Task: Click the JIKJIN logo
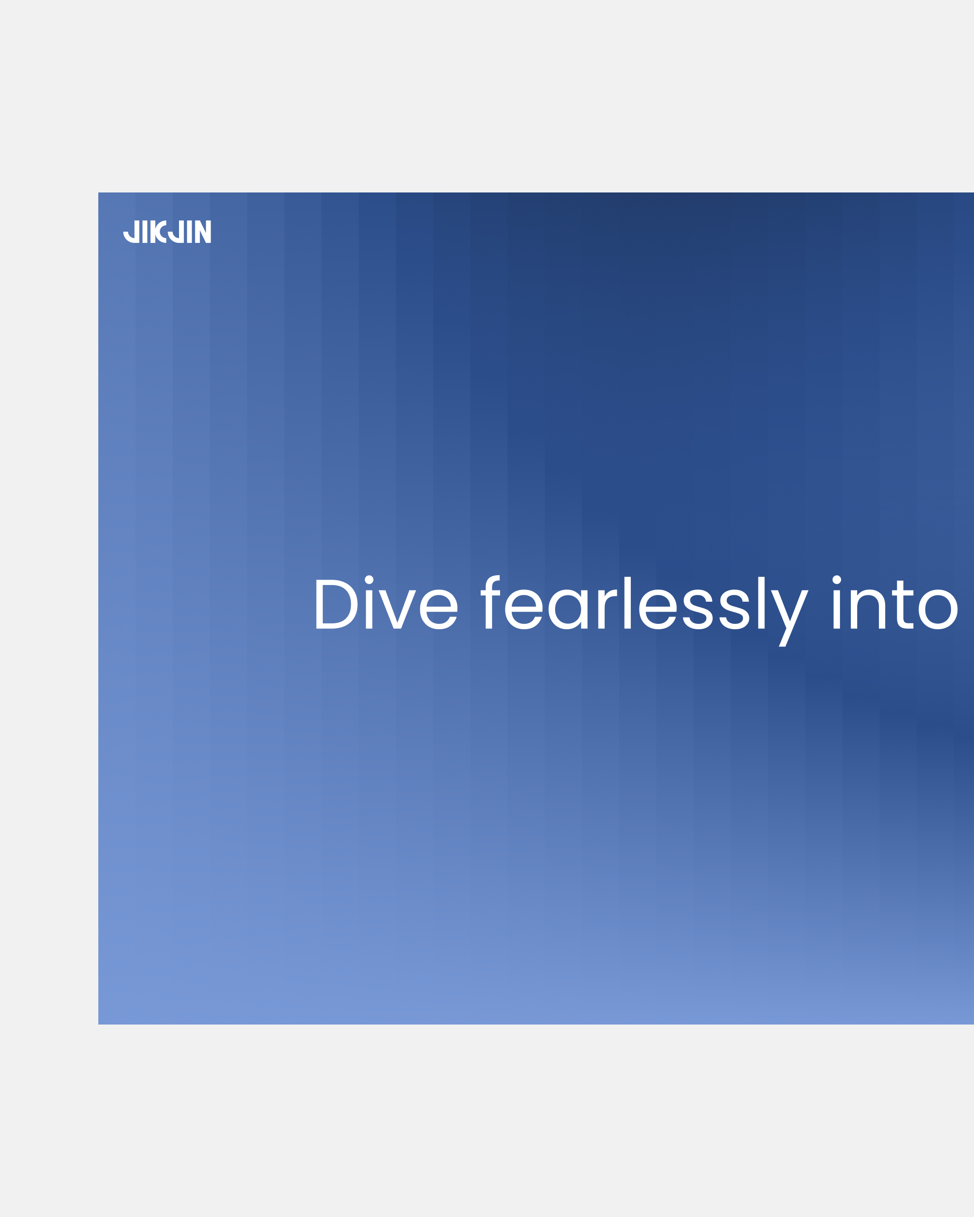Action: click(167, 231)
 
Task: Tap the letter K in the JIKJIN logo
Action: click(158, 231)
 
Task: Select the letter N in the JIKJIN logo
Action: click(203, 231)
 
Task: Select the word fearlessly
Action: click(644, 611)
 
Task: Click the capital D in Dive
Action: click(336, 604)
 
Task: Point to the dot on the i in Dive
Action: click(369, 580)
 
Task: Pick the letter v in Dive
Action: click(398, 609)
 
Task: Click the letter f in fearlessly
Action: click(490, 602)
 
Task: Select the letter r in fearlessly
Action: click(607, 609)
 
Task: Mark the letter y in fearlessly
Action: click(790, 618)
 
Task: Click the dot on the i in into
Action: click(837, 580)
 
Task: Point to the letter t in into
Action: click(903, 604)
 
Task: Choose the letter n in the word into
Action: click(868, 609)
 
